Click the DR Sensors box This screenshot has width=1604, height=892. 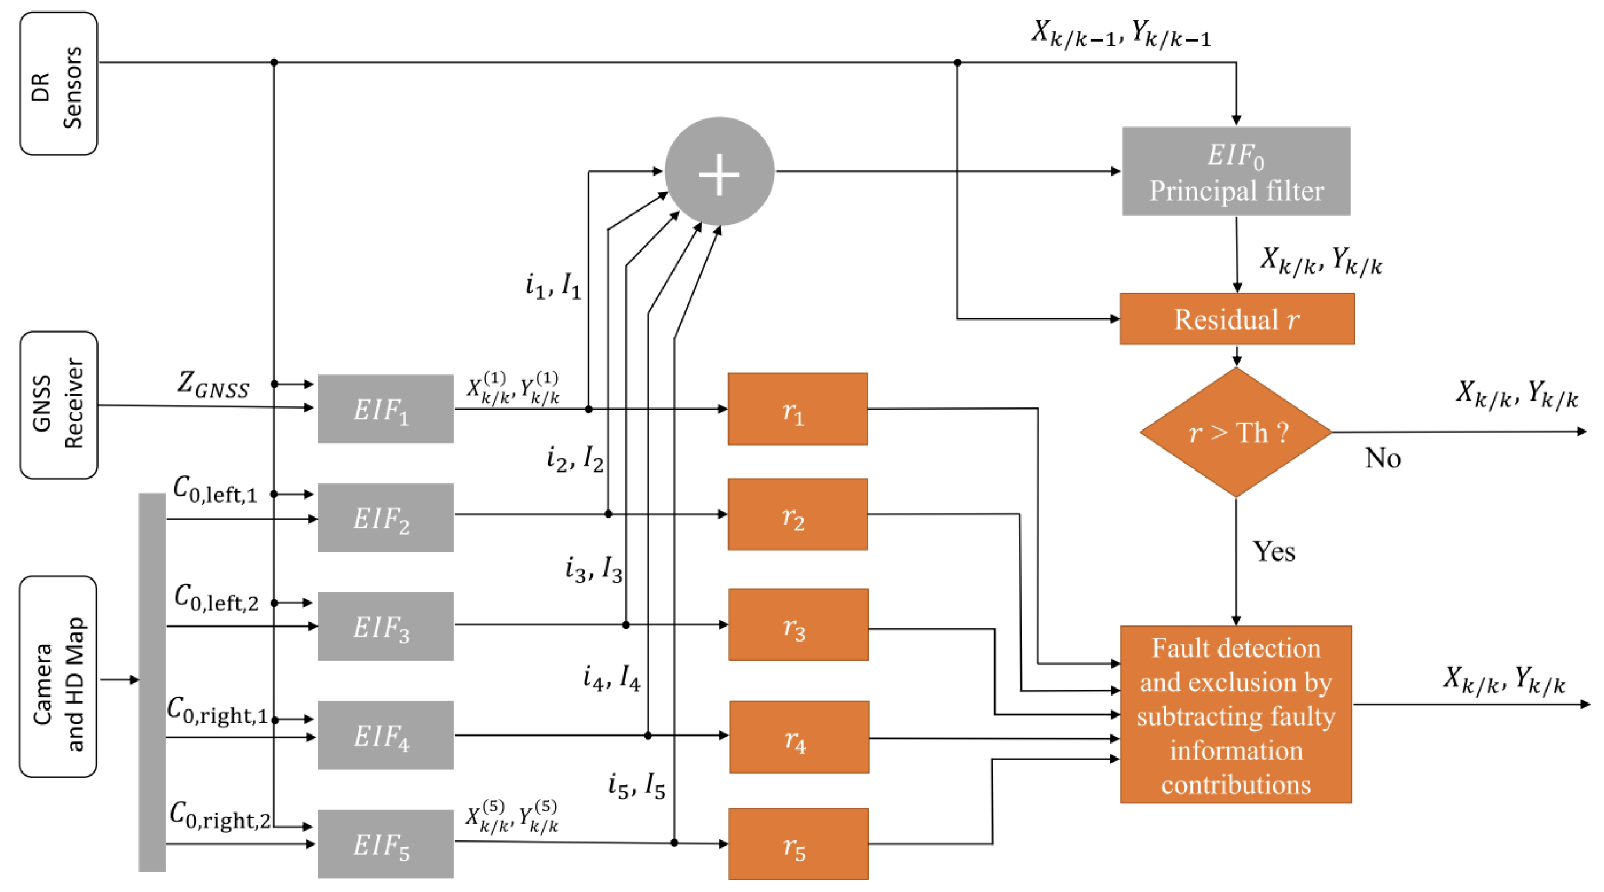59,83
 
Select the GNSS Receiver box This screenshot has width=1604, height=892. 59,405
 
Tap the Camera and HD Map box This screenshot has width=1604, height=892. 59,676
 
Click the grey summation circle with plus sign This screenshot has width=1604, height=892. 719,172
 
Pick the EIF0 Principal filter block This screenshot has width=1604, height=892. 1236,172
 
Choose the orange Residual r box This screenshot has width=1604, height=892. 1237,319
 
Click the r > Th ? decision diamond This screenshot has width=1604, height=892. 1236,432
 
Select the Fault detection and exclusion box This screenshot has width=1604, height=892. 1235,715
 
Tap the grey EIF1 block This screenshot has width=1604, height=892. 385,409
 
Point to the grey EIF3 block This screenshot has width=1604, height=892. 385,626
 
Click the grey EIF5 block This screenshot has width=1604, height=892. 385,844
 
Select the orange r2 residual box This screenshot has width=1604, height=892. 797,515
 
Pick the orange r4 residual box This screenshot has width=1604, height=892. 799,737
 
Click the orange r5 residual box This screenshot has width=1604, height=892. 799,844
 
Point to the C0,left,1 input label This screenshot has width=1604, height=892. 215,490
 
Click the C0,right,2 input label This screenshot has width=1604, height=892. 220,816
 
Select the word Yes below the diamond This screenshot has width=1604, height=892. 1273,552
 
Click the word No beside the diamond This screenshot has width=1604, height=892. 1382,458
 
